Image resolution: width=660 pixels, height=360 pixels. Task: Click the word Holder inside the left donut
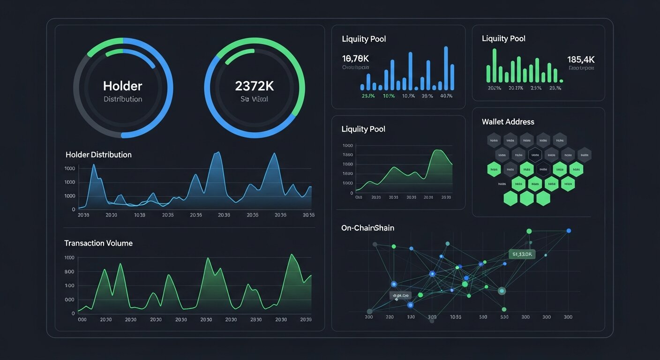pos(122,86)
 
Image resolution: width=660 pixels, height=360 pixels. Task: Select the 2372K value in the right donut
pos(255,86)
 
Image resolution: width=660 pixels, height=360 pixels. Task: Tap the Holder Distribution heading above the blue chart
pos(98,155)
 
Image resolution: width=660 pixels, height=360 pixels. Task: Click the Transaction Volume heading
pos(98,243)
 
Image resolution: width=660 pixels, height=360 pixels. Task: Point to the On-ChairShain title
pos(367,228)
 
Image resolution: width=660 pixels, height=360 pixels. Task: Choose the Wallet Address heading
pos(508,122)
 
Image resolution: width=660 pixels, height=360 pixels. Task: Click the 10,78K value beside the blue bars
pos(356,59)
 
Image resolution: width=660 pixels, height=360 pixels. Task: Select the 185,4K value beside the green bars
pos(580,60)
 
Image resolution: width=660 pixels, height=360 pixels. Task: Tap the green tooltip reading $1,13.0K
pos(521,254)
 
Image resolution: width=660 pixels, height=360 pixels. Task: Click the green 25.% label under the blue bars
pos(368,96)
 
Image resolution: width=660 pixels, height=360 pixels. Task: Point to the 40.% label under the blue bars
pos(446,96)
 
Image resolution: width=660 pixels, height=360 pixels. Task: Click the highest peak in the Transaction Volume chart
pos(292,255)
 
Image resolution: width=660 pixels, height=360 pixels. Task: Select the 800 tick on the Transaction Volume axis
pos(69,272)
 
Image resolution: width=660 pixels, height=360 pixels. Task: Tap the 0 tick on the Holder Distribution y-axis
pos(73,210)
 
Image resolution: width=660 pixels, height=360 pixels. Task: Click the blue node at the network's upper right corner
pos(569,231)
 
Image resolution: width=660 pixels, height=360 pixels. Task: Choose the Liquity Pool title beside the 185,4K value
pos(503,38)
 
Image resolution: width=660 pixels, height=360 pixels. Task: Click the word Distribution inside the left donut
pos(122,99)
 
